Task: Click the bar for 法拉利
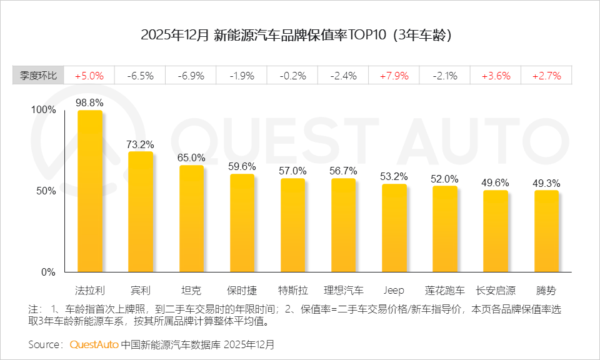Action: (x=89, y=191)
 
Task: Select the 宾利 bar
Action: (x=141, y=211)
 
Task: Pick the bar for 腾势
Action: (x=546, y=231)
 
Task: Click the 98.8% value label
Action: (x=89, y=102)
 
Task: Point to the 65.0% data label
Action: (x=191, y=157)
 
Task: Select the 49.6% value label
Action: (x=496, y=182)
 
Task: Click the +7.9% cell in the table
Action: (x=394, y=76)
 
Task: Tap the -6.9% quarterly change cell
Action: (x=191, y=76)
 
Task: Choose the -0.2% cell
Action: (x=292, y=76)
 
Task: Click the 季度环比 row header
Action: (x=38, y=76)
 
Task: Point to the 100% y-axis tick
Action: (x=44, y=110)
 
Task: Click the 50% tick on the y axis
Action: (x=46, y=191)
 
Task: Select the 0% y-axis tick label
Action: (x=49, y=272)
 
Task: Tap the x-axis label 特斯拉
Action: (x=292, y=291)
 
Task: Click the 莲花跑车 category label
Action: (x=445, y=291)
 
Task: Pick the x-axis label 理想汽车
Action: (x=343, y=291)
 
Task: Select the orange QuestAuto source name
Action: (x=93, y=344)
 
